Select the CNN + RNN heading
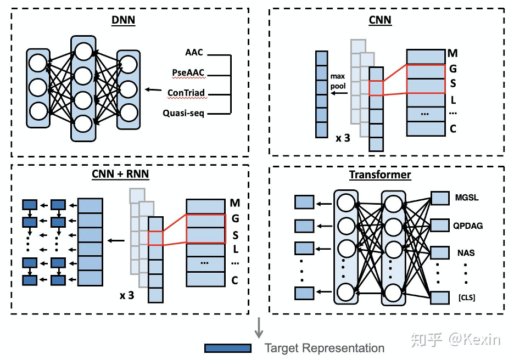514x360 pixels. (120, 175)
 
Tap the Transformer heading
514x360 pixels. (380, 175)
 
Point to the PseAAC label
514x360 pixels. (187, 73)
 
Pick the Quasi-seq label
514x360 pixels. (184, 114)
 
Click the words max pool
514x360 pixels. (337, 81)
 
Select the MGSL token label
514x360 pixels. (467, 198)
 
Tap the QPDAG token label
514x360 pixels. (468, 226)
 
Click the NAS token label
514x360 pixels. (466, 253)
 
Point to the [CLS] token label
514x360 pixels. (466, 297)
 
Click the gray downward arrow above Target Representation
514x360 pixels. (260, 328)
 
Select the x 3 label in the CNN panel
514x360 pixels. (343, 137)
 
